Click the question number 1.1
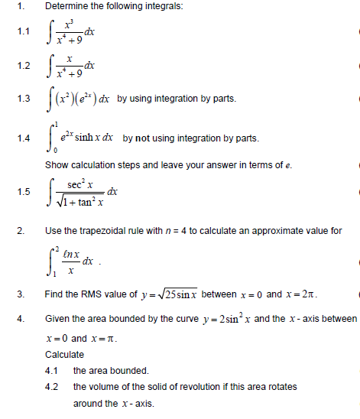tap(23, 32)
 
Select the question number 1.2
tap(23, 66)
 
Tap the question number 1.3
tap(23, 99)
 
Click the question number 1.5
tap(23, 191)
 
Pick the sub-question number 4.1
tap(53, 371)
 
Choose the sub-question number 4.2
tap(53, 387)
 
